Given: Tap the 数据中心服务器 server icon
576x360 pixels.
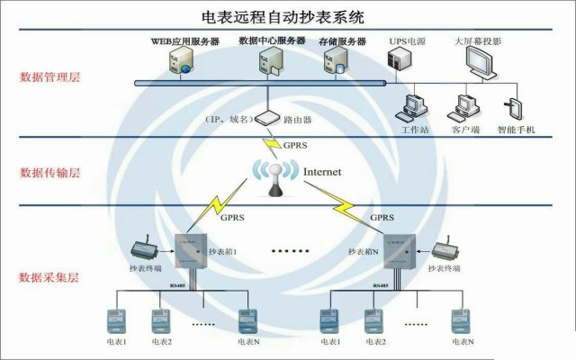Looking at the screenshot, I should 268,61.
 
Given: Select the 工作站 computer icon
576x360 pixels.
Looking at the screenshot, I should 415,106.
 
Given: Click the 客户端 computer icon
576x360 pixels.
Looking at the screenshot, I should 465,107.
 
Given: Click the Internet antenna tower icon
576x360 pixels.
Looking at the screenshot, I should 274,176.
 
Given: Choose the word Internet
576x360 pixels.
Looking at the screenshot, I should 324,171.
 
